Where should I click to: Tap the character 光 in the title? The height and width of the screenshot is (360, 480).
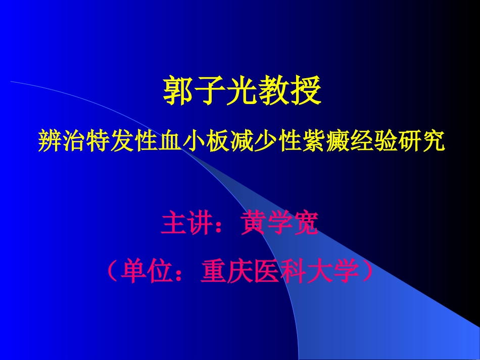tap(241, 90)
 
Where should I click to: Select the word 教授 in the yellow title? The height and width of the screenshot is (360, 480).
tap(289, 90)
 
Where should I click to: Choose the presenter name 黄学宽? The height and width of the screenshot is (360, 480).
tap(279, 224)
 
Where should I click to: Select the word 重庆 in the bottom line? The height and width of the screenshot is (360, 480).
tap(221, 273)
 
